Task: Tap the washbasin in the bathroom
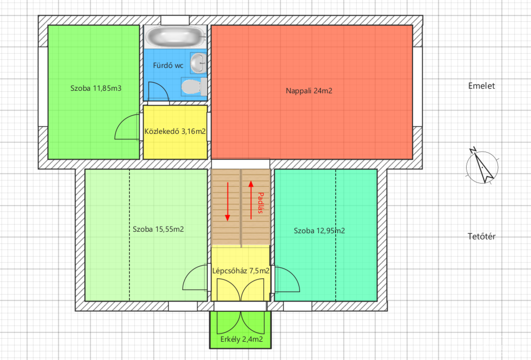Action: click(x=199, y=63)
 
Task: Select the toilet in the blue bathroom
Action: click(x=194, y=86)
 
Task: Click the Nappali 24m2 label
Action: click(x=309, y=91)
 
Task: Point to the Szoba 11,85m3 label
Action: click(x=96, y=88)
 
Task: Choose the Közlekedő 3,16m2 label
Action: click(x=175, y=131)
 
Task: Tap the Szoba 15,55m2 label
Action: click(x=158, y=229)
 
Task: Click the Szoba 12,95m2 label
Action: click(x=319, y=231)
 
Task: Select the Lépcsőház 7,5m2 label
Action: click(x=241, y=271)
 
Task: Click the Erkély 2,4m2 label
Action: click(x=241, y=339)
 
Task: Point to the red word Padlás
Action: click(x=261, y=203)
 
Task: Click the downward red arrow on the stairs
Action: click(x=228, y=202)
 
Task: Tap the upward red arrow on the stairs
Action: click(x=251, y=200)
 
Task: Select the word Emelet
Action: click(x=481, y=86)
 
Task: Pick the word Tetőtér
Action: click(x=481, y=236)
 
